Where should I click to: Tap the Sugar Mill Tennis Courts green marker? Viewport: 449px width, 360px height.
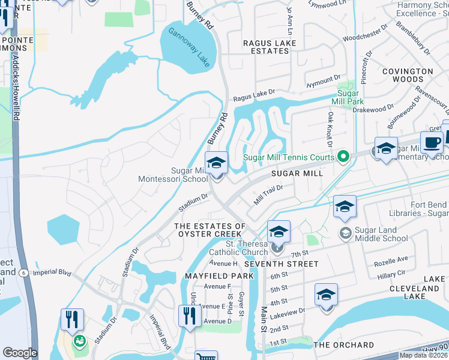(343, 157)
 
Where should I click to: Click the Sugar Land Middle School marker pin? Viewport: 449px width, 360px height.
(345, 233)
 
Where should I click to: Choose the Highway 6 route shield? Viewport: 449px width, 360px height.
(22, 272)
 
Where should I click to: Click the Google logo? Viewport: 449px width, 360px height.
(20, 353)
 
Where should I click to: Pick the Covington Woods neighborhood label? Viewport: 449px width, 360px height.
(408, 75)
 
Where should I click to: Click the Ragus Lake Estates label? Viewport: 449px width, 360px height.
(265, 47)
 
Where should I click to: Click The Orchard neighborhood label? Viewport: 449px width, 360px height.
(343, 345)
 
